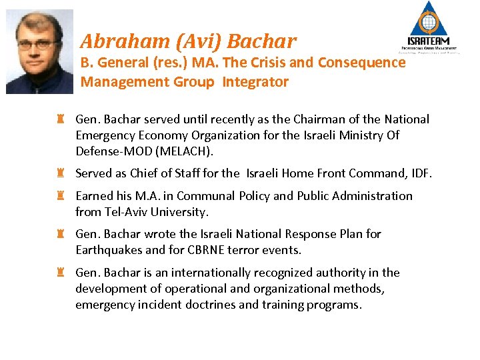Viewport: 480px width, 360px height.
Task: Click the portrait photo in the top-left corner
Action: click(39, 51)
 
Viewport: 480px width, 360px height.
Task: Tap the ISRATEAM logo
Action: click(429, 28)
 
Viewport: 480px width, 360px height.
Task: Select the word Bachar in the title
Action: click(261, 42)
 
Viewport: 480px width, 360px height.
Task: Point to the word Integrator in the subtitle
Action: click(255, 82)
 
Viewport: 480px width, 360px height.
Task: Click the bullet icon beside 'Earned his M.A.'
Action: click(60, 196)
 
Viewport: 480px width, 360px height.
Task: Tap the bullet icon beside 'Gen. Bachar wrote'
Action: click(60, 234)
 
